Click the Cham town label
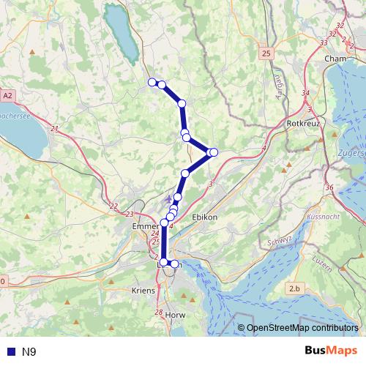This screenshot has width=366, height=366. (339, 59)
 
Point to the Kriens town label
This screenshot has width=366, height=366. (143, 291)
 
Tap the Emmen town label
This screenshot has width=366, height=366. (145, 228)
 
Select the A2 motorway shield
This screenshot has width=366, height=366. (7, 95)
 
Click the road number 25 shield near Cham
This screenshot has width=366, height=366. (265, 53)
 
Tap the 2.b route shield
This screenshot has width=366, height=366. (295, 289)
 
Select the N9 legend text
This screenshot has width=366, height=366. (29, 352)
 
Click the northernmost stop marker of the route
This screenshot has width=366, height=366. (152, 82)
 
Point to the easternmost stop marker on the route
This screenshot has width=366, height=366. (214, 152)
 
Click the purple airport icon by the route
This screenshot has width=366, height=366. (169, 198)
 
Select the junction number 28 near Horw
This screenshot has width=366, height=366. (159, 313)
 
